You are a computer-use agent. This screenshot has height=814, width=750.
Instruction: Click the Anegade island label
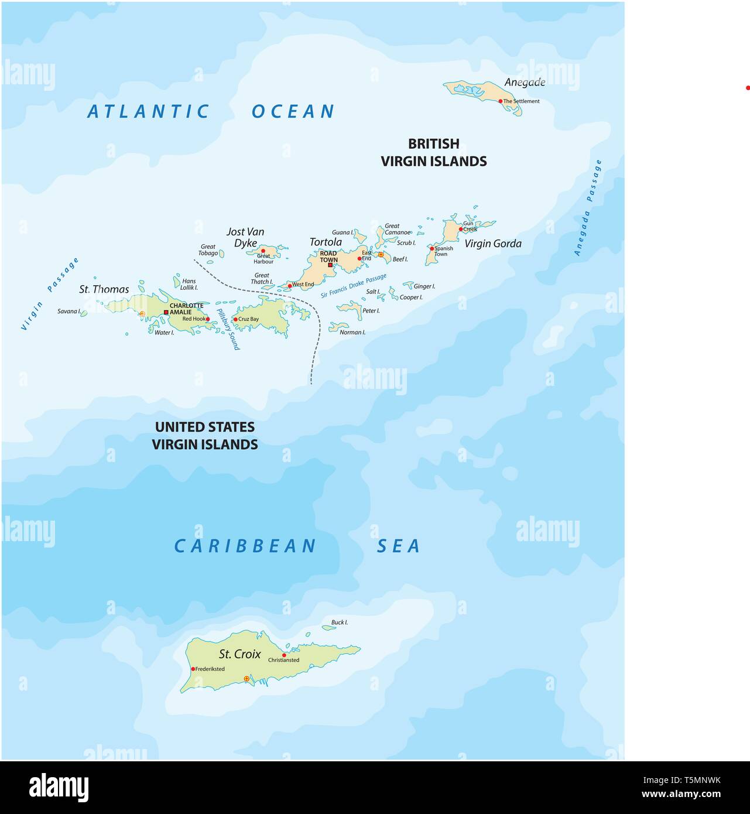pyautogui.click(x=525, y=82)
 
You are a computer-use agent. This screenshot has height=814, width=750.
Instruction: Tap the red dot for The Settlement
pyautogui.click(x=501, y=101)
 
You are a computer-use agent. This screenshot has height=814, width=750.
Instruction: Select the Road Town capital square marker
pyautogui.click(x=330, y=265)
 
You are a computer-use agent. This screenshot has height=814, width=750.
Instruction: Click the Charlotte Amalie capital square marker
pyautogui.click(x=166, y=312)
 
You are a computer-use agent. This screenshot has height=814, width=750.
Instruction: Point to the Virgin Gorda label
pyautogui.click(x=492, y=244)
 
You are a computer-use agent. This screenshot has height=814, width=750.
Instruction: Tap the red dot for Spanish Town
pyautogui.click(x=432, y=249)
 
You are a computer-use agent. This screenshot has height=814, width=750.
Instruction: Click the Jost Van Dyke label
pyautogui.click(x=245, y=237)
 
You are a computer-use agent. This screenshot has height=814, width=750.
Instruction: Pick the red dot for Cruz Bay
pyautogui.click(x=235, y=319)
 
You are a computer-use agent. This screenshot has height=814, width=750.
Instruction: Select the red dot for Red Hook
pyautogui.click(x=208, y=319)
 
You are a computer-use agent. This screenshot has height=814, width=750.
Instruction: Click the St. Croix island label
pyautogui.click(x=239, y=654)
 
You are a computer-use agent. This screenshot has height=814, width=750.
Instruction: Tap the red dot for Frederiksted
pyautogui.click(x=193, y=669)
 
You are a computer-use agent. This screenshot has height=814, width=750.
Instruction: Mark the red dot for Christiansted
pyautogui.click(x=284, y=655)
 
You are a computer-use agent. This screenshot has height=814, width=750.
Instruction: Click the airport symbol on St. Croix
pyautogui.click(x=246, y=679)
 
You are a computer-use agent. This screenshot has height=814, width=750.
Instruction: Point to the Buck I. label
pyautogui.click(x=339, y=623)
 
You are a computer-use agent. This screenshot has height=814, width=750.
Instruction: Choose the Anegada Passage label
pyautogui.click(x=588, y=208)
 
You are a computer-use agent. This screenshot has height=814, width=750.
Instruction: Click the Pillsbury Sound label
pyautogui.click(x=228, y=330)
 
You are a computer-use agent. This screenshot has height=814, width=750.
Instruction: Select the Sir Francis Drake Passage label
pyautogui.click(x=354, y=286)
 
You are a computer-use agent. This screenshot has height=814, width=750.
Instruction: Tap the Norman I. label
pyautogui.click(x=352, y=332)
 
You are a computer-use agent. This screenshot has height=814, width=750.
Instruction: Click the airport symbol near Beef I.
pyautogui.click(x=381, y=255)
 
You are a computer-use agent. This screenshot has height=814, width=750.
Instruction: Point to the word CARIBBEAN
pyautogui.click(x=245, y=546)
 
